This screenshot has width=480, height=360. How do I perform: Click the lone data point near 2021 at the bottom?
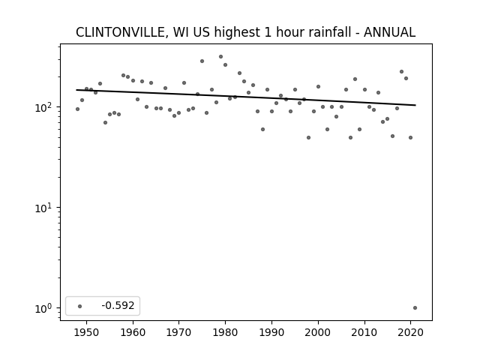pos(415,308)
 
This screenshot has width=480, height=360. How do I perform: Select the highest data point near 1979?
pos(220,57)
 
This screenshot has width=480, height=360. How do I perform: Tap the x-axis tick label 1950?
pos(87,332)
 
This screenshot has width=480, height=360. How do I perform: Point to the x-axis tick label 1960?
pos(133,332)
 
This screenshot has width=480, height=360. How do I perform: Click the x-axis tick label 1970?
pos(179,332)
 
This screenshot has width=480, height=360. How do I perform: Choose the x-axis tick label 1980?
pos(225,332)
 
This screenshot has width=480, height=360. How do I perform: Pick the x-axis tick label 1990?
pos(271,332)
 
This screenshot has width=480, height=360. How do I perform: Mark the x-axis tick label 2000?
pos(318,332)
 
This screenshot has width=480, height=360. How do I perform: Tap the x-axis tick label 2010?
pos(364,332)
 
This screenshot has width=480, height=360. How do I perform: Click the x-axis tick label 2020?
pos(411,332)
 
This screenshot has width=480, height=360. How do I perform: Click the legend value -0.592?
pos(118,305)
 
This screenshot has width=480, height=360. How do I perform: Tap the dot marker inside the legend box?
pos(79,306)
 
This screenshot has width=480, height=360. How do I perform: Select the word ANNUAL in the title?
pos(389,32)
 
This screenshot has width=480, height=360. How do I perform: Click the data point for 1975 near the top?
pos(202,61)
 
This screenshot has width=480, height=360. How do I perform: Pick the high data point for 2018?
pos(402,72)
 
